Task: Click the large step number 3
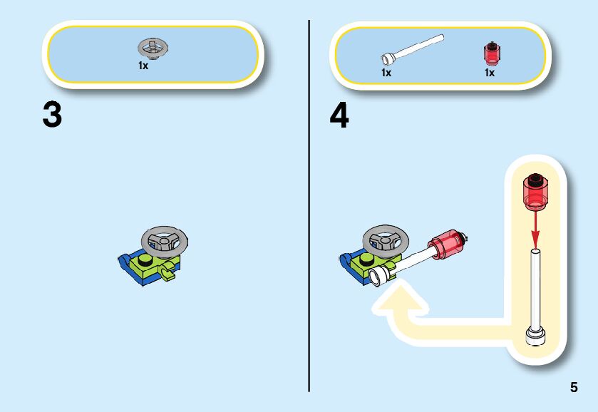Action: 52,116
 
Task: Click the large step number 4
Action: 339,116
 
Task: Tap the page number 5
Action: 574,388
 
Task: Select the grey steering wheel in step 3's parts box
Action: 153,48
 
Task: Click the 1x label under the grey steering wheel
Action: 143,66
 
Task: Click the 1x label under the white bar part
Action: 386,72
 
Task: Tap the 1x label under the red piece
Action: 490,72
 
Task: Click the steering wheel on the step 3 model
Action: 165,240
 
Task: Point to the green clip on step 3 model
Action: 169,272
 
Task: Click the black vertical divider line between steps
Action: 309,207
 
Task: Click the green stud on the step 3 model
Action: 145,259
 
